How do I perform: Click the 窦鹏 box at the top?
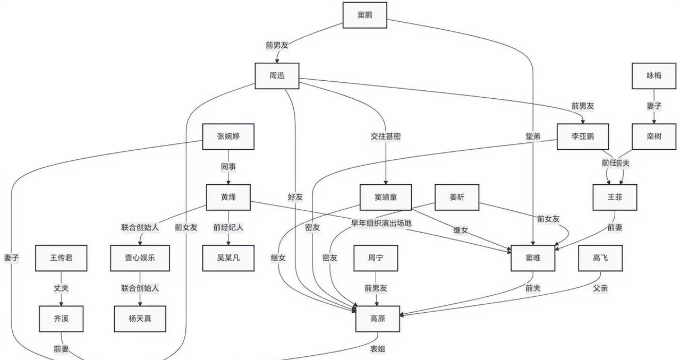[364, 15]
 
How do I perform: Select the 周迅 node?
[277, 76]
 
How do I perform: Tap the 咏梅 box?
[654, 76]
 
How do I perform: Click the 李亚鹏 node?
[582, 136]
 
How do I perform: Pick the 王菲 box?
[615, 197]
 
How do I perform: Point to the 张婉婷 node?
[228, 136]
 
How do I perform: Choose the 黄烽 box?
[228, 197]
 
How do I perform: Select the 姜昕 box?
[456, 198]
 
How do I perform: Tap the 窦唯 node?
[533, 258]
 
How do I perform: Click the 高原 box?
[377, 319]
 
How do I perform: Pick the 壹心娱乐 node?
[140, 258]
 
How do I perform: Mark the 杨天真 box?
[140, 319]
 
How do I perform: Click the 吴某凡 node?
[228, 258]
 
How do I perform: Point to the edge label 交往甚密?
[386, 136]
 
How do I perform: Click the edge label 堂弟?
[532, 136]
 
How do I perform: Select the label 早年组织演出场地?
[381, 223]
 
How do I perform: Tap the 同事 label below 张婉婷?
[228, 167]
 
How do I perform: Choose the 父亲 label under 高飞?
[600, 288]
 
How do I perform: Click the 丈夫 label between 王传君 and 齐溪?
[61, 288]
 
